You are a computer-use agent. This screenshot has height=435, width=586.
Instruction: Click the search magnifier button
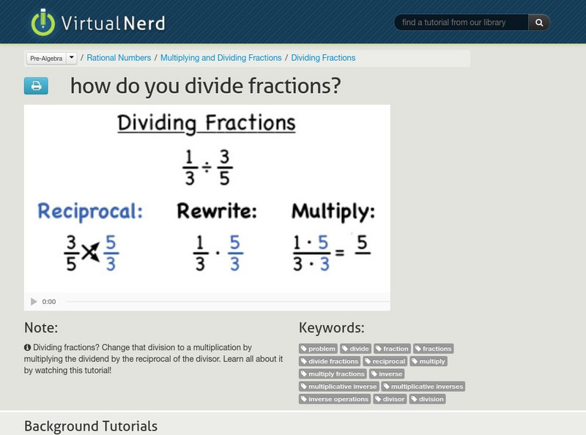539,23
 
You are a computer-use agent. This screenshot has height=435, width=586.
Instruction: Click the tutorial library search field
461,23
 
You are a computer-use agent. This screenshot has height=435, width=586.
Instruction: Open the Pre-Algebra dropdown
51,58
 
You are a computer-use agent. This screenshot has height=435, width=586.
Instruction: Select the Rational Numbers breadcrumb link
119,58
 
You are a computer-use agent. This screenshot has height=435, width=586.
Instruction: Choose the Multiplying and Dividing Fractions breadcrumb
220,58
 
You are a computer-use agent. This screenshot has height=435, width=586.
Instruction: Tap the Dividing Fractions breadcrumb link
323,58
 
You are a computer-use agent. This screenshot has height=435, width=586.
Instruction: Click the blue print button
36,86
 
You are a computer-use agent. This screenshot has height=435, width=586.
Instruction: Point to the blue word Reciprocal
90,212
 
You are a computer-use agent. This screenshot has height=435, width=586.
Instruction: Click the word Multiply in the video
333,212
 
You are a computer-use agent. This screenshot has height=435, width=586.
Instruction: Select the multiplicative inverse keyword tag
339,387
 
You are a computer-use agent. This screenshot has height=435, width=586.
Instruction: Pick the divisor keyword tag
390,399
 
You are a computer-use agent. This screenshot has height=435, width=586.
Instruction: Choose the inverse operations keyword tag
335,399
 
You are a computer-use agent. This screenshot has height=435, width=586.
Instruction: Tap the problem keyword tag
319,349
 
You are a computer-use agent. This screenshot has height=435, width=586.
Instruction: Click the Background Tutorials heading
91,425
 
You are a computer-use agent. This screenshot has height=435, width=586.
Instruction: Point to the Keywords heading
331,327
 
